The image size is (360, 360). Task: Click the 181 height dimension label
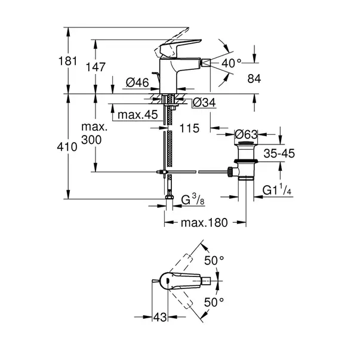coord(67,61)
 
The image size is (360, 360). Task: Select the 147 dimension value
coord(96,67)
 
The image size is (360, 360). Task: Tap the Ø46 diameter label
coord(137,82)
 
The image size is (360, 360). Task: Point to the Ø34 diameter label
coord(204,103)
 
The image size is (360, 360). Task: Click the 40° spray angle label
coord(232,63)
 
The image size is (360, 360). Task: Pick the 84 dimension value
coord(254,79)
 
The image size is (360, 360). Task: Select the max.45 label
coord(138,115)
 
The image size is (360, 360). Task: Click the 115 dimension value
coord(189,128)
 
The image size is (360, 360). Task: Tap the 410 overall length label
coord(67,147)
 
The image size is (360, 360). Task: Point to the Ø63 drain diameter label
coord(246,134)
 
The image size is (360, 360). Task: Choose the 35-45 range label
coord(279,153)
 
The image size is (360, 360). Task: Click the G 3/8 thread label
coord(193,199)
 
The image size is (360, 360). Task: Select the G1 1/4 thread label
coord(277,190)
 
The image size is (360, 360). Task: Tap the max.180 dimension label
coord(204,223)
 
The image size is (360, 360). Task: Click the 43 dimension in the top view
coord(160,317)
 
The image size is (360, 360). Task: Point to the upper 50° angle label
coord(214,260)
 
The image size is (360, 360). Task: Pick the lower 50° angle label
coord(214,302)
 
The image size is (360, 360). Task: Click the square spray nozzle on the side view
coord(206,63)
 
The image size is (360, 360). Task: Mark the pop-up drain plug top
coord(246,144)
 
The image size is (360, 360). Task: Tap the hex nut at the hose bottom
coord(169,197)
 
